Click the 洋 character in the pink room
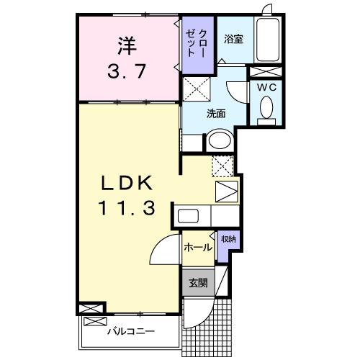pos(127,45)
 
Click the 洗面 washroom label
pos(216,113)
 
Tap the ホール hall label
pos(197,248)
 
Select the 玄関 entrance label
pos(197,283)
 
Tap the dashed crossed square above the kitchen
pos(222,165)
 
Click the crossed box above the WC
pos(265,71)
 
